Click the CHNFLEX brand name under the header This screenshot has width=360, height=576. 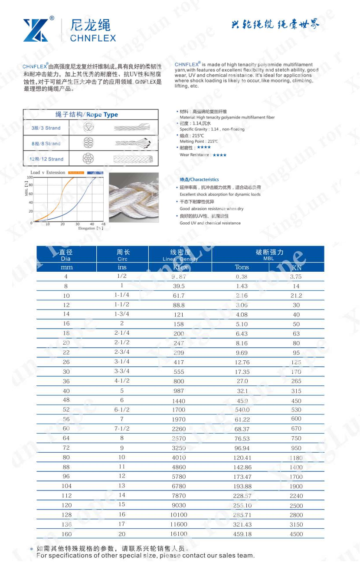(93, 38)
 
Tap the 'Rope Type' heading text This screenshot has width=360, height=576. (102, 115)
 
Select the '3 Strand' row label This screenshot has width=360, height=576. (46, 128)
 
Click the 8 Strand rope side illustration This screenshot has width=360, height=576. (132, 143)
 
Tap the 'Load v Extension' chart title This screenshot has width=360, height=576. (48, 172)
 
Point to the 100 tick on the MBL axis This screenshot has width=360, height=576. (29, 177)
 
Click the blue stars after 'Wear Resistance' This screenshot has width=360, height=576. (219, 155)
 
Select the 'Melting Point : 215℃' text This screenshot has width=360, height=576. (199, 142)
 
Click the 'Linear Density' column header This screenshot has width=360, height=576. (180, 259)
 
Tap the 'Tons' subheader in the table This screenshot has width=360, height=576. (242, 267)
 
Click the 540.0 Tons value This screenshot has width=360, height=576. (242, 410)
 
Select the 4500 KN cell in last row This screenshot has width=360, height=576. (296, 534)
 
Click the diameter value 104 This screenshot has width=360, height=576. (66, 486)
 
